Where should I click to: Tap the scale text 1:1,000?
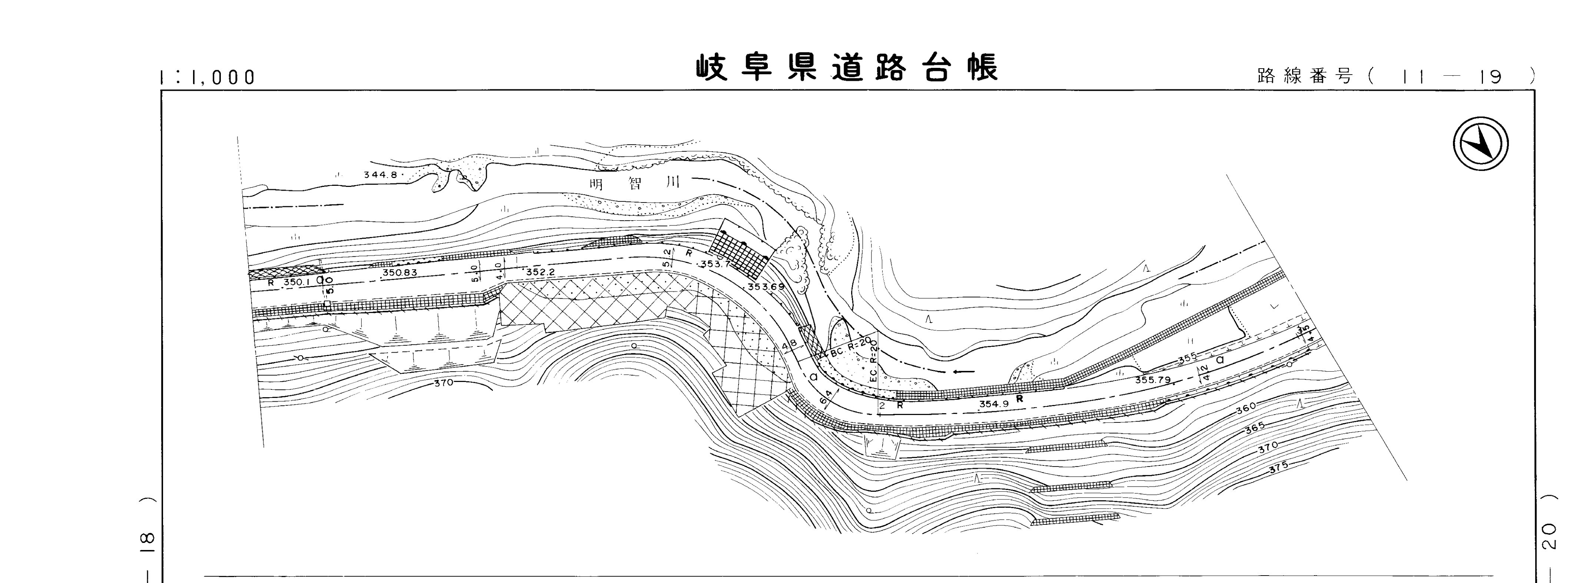click(207, 78)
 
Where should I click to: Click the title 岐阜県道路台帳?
click(847, 68)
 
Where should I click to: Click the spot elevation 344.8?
click(380, 175)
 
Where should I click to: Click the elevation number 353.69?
click(766, 287)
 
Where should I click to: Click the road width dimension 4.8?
click(789, 345)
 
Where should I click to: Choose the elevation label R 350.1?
click(288, 282)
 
